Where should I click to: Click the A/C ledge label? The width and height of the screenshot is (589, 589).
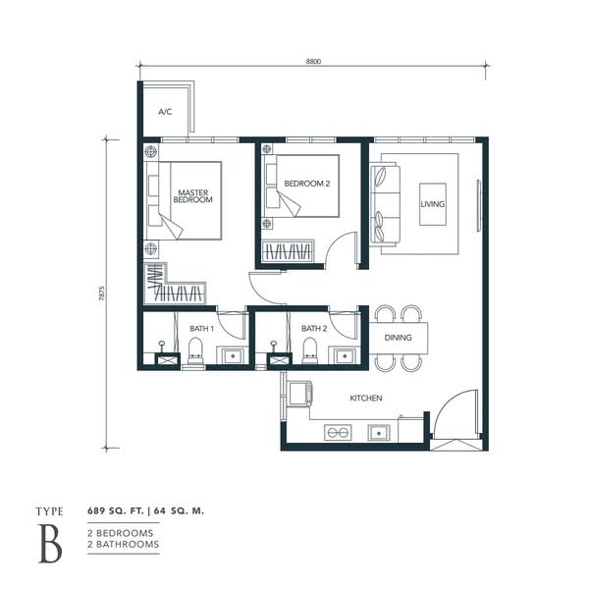165,112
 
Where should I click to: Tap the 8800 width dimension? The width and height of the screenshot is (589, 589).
313,61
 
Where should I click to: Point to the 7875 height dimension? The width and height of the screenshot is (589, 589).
102,294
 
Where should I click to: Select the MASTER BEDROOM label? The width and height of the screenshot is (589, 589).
192,196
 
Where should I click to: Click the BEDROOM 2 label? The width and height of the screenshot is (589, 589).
307,184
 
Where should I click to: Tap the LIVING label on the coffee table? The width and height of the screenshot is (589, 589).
432,204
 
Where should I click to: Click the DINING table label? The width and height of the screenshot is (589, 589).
398,338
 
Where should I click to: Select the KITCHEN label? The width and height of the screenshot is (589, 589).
366,398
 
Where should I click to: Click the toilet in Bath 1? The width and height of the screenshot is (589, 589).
195,350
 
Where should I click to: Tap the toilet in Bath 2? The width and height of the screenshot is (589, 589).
310,350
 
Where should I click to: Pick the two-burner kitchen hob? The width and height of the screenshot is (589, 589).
338,432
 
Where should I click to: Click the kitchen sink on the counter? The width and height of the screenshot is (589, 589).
379,433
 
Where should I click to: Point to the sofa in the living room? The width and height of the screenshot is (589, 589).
385,204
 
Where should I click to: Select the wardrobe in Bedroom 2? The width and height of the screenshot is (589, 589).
288,250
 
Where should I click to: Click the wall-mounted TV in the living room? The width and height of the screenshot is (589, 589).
479,206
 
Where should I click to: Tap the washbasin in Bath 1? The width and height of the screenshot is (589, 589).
233,355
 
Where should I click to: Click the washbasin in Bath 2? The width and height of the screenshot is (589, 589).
345,355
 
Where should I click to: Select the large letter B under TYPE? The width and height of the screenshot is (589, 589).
50,544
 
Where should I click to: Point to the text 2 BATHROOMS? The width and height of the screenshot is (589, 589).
124,544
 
